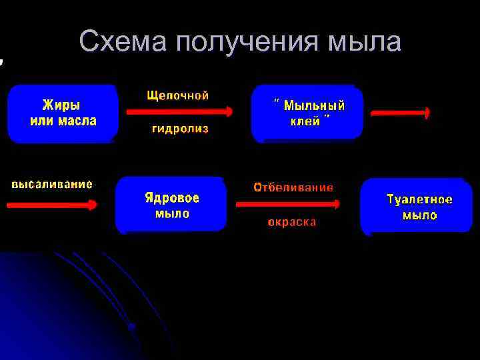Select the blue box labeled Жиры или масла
63,113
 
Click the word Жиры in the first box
61,105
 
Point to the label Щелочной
178,95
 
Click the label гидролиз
180,129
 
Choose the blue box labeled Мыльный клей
307,113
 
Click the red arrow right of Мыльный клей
401,114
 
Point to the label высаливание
52,183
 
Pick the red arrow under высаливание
52,205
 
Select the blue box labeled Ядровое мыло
171,205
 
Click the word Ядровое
172,198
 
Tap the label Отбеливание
293,187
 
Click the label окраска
292,222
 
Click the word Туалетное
420,199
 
